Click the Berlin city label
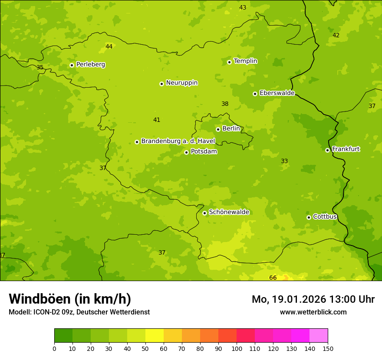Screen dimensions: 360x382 231,129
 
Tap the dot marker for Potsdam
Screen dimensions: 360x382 186,152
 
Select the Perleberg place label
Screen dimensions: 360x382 90,65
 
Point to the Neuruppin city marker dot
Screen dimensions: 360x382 161,84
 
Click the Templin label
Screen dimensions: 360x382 245,61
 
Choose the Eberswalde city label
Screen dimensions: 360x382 277,93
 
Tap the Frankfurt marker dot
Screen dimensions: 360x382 327,150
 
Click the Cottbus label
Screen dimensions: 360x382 325,216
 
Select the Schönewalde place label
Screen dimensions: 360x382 229,212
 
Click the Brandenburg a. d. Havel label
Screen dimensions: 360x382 178,141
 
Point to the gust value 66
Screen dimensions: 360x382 273,278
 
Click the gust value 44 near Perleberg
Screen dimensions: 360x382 109,46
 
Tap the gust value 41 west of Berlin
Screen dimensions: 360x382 157,120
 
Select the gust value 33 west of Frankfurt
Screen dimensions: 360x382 284,161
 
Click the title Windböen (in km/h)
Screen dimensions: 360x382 70,299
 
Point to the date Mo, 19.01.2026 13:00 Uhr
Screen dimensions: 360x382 313,299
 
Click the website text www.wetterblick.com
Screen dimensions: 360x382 313,312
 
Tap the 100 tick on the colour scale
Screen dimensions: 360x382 237,349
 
